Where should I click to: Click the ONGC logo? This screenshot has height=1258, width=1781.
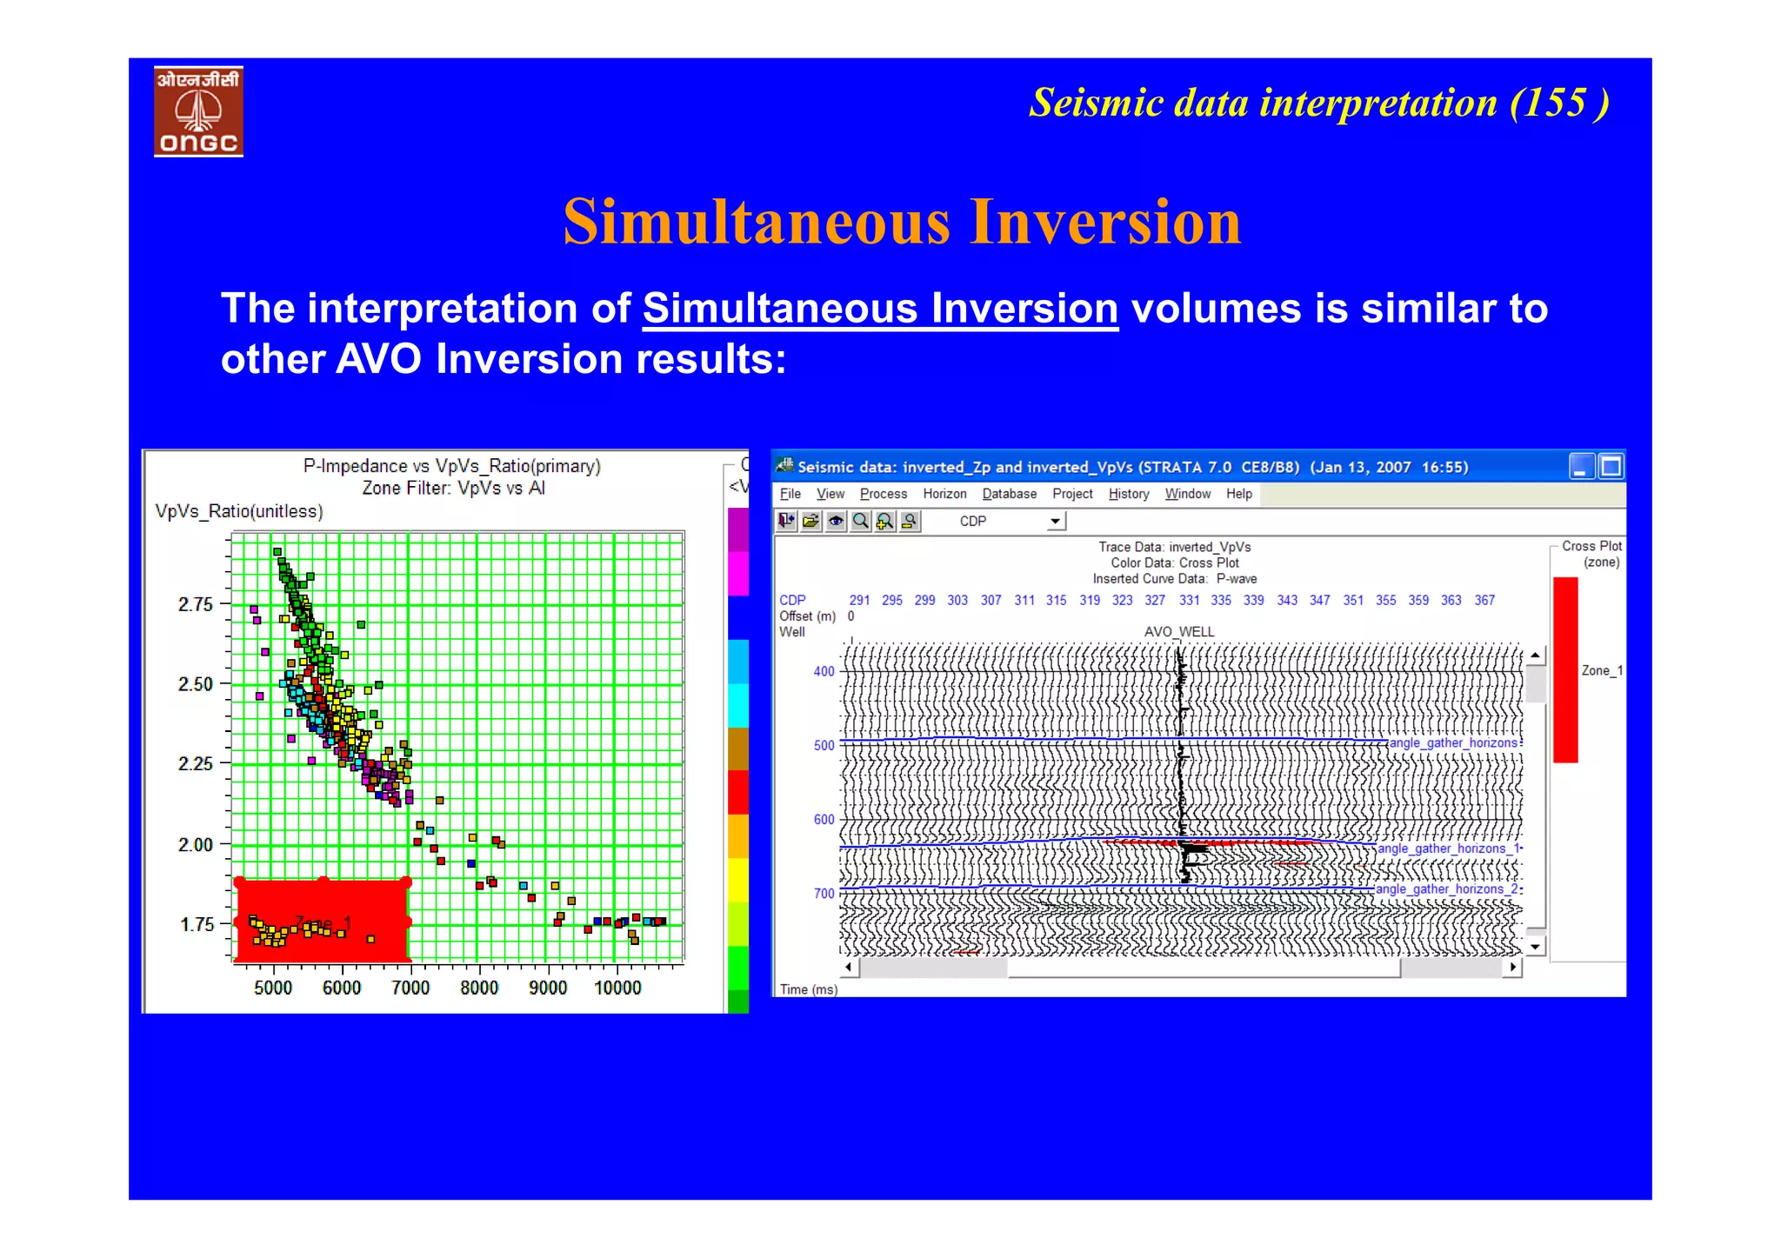coord(198,111)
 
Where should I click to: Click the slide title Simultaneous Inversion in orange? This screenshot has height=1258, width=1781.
coord(902,222)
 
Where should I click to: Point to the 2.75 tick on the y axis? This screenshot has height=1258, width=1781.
coord(196,604)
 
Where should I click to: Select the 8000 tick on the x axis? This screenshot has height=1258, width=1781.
coord(479,988)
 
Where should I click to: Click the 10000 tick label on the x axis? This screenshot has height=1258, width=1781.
coord(617,988)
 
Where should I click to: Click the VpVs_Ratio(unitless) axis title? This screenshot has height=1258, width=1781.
coord(239,511)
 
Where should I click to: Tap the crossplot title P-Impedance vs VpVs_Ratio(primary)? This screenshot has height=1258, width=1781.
coord(451,466)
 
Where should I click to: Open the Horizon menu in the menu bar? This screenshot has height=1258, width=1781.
coord(944,494)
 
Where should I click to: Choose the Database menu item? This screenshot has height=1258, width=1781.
coord(1009,494)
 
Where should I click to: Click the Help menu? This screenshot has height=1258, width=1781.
coord(1238,494)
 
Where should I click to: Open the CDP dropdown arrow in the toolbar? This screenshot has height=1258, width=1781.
coord(1055,522)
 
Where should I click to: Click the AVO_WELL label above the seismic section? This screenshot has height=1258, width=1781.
coord(1178,632)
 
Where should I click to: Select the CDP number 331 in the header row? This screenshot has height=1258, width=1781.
coord(1189,601)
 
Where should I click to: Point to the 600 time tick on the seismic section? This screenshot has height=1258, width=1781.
coord(824,820)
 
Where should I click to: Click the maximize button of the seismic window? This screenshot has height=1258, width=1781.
coord(1611,467)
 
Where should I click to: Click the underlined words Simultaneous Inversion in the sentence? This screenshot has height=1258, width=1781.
coord(880,309)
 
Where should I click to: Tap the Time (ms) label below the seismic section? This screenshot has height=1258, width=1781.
coord(808,989)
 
